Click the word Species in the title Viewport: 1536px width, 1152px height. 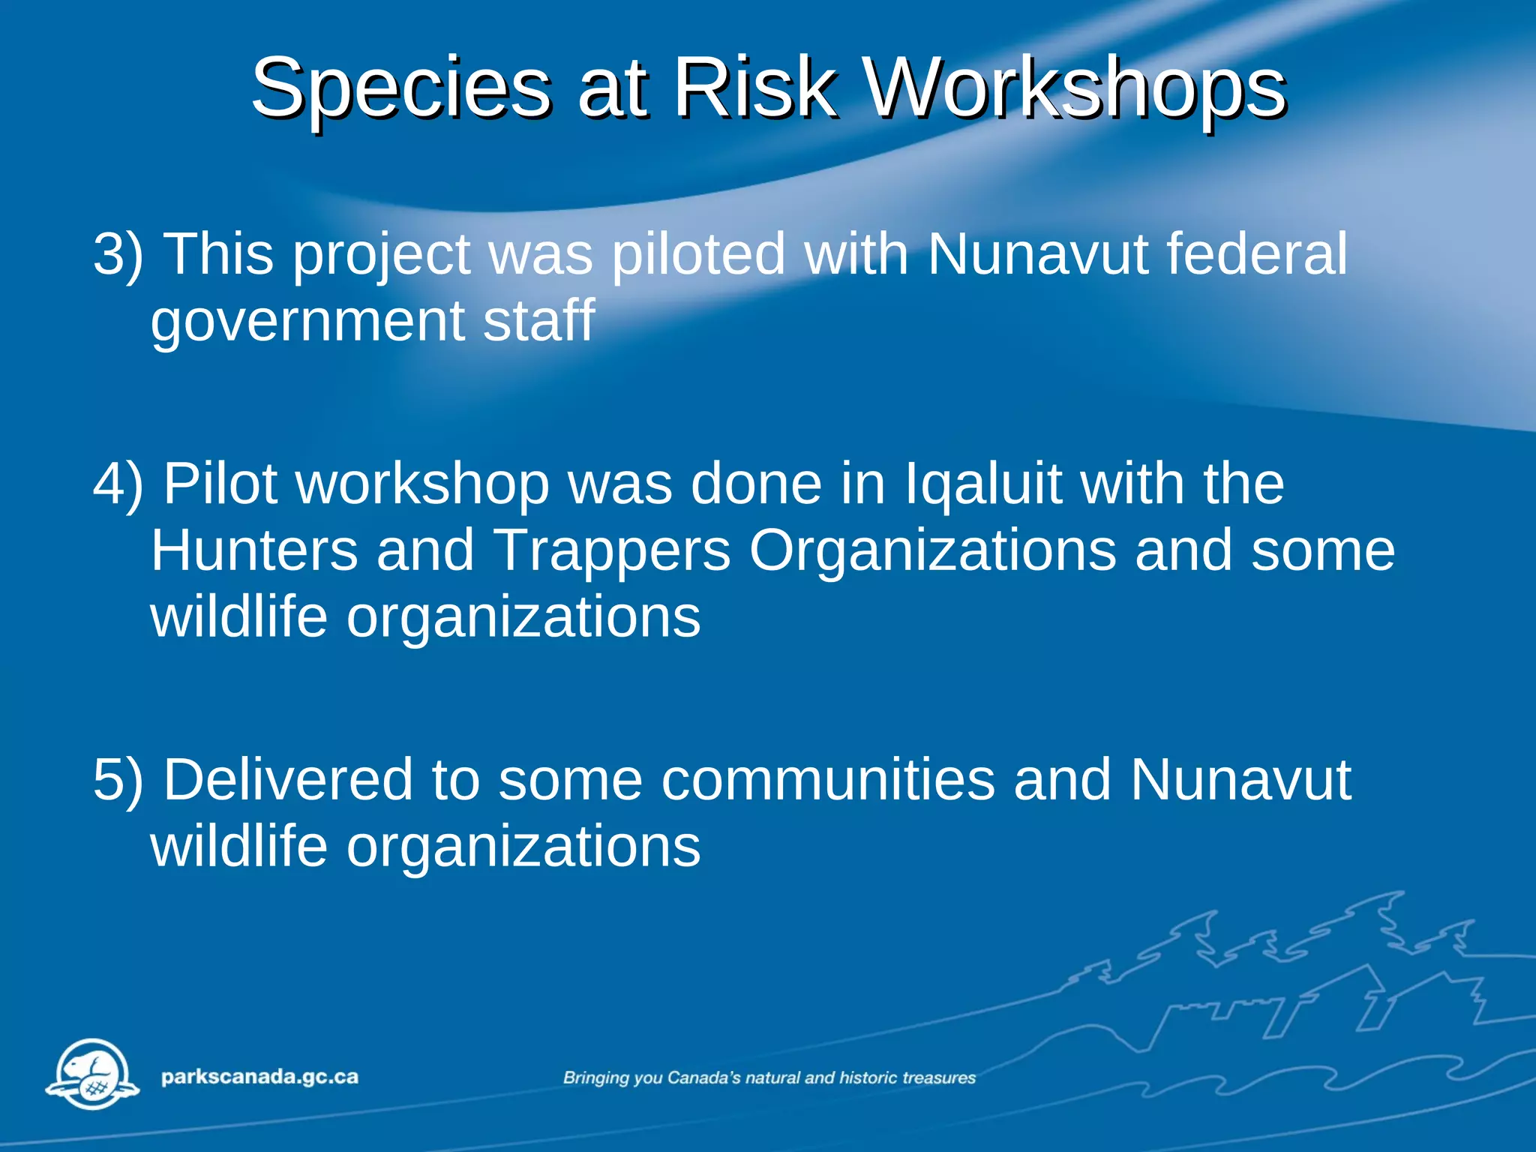[x=400, y=90]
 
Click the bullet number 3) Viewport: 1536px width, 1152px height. [x=118, y=255]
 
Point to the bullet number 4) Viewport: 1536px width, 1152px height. [x=118, y=484]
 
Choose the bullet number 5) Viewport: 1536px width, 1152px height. [x=118, y=780]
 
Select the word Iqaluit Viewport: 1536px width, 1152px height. [x=983, y=484]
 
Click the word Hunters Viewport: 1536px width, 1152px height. [x=255, y=550]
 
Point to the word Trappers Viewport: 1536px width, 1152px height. [x=612, y=550]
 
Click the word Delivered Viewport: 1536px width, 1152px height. [x=288, y=780]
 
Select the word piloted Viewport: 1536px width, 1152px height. [x=698, y=255]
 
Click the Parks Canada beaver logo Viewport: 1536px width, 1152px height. [x=92, y=1074]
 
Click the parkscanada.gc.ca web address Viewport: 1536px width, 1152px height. [x=259, y=1077]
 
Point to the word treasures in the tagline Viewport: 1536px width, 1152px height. [x=939, y=1078]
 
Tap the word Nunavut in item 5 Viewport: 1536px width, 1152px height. [x=1240, y=780]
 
